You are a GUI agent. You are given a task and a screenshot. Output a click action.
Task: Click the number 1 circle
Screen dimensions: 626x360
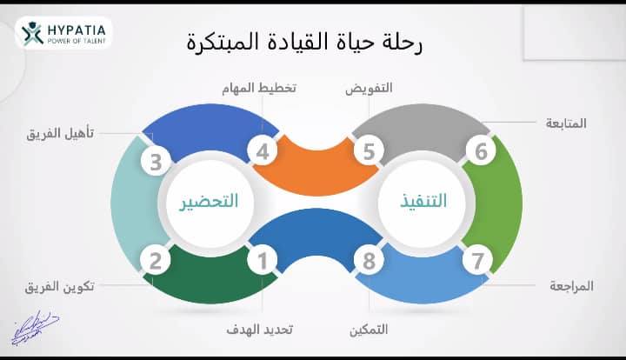263,261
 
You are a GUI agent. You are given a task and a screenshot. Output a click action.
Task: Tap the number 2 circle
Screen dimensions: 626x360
156,261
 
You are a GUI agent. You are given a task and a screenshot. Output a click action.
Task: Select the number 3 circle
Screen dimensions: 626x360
156,162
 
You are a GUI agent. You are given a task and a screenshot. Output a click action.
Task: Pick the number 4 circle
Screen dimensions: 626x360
263,151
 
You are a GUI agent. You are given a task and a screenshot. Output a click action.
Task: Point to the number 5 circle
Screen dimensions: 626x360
369,151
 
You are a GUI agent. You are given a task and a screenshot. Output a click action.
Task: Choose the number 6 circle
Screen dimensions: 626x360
481,151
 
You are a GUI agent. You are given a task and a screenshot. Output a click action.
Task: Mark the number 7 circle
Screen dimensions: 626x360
478,261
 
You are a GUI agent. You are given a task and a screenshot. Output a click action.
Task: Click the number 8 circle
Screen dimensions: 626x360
369,261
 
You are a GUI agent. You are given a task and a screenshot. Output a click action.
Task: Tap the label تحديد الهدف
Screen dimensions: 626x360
259,330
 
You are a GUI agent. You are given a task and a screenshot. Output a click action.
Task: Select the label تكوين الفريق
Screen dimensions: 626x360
60,287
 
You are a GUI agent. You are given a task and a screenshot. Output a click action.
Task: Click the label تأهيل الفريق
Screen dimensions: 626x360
60,133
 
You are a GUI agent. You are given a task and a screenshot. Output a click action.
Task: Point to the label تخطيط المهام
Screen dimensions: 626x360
259,88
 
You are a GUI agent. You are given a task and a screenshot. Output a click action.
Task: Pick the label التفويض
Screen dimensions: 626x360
369,88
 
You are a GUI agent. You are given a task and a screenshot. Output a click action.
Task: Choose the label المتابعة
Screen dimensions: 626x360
566,123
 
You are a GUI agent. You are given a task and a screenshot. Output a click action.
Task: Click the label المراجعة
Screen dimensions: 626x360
571,286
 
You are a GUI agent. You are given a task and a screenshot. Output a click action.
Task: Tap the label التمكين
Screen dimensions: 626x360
369,330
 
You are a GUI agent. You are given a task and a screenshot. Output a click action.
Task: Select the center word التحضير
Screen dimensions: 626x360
209,201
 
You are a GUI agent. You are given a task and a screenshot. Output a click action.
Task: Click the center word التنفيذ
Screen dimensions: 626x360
423,200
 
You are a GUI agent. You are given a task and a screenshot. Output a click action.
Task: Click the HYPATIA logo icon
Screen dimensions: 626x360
32,33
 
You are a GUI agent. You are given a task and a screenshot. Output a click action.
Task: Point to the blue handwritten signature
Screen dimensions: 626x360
35,328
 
